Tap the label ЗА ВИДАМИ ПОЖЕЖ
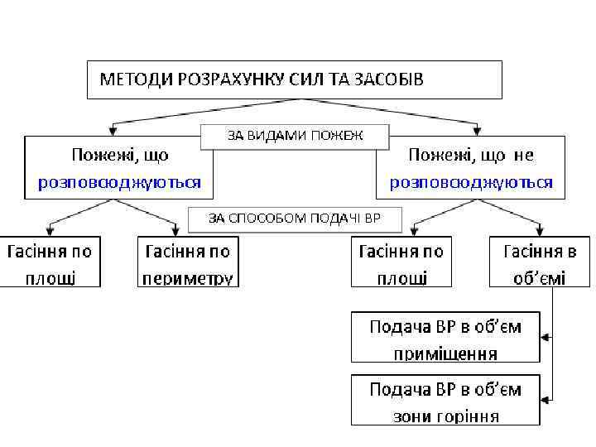pyautogui.click(x=295, y=135)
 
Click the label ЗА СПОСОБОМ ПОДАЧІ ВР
pyautogui.click(x=294, y=219)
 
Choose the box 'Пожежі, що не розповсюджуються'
pyautogui.click(x=471, y=168)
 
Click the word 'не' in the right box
pyautogui.click(x=523, y=155)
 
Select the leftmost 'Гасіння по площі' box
pyautogui.click(x=50, y=262)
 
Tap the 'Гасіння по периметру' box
pyautogui.click(x=187, y=262)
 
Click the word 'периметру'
pyautogui.click(x=187, y=277)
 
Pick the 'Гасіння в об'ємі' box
pyautogui.click(x=540, y=262)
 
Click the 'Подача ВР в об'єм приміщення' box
pyautogui.click(x=445, y=337)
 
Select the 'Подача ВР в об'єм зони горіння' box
pyautogui.click(x=445, y=400)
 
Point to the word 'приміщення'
pyautogui.click(x=445, y=353)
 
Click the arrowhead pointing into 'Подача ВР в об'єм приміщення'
pyautogui.click(x=546, y=337)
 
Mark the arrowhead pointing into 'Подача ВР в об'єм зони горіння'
pyautogui.click(x=546, y=400)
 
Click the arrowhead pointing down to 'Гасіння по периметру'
pyautogui.click(x=179, y=229)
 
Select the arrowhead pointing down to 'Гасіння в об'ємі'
pyautogui.click(x=541, y=229)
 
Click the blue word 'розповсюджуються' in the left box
pyautogui.click(x=119, y=182)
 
